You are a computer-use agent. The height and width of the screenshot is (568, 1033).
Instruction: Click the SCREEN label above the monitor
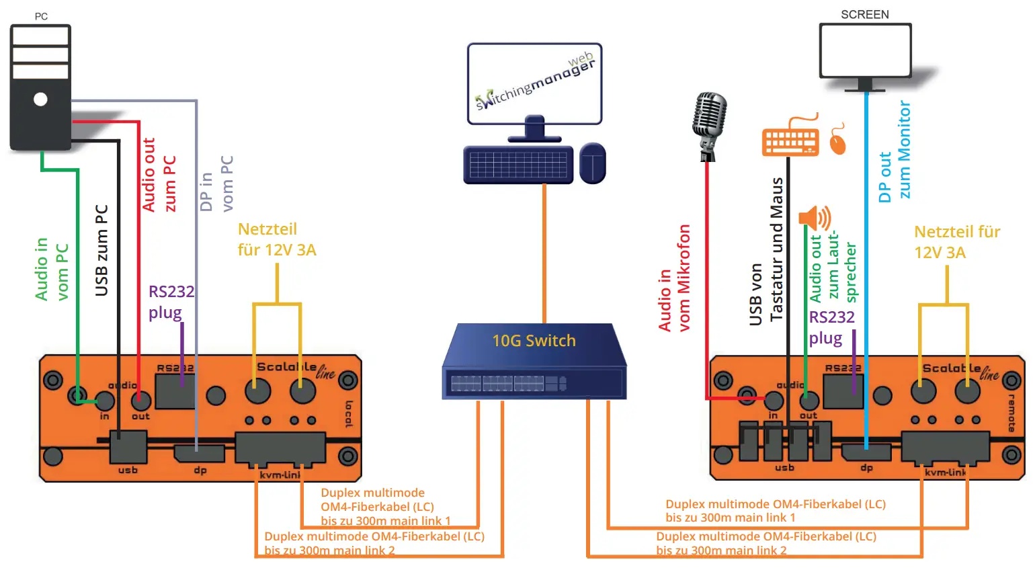pos(864,14)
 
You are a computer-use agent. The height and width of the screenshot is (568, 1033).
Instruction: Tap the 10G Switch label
pos(534,341)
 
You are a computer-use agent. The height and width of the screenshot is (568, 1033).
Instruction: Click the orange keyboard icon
pos(790,140)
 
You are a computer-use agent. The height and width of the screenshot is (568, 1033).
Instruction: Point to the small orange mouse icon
pos(837,140)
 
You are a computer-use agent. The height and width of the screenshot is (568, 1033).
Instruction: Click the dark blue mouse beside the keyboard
pos(592,163)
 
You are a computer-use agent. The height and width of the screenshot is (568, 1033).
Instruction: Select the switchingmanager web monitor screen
pos(534,84)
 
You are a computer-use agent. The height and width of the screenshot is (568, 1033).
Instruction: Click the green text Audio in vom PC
pos(52,269)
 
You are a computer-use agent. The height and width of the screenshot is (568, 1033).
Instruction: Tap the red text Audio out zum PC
pos(159,175)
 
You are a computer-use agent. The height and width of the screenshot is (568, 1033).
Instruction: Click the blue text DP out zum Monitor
pos(895,151)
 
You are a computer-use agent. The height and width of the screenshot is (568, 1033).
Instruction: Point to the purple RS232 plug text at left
pos(170,302)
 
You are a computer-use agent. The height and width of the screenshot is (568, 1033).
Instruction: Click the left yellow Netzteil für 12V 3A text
pos(276,239)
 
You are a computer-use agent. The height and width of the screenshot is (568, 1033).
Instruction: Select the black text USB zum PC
pos(101,250)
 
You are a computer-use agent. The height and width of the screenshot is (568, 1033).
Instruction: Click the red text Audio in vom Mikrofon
pos(674,278)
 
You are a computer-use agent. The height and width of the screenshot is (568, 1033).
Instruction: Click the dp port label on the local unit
pos(200,471)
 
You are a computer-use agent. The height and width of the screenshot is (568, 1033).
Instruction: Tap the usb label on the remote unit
pos(784,467)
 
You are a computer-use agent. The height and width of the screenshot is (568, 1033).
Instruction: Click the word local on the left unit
pos(349,414)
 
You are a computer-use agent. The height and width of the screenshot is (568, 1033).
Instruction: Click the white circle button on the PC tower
pos(40,99)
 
